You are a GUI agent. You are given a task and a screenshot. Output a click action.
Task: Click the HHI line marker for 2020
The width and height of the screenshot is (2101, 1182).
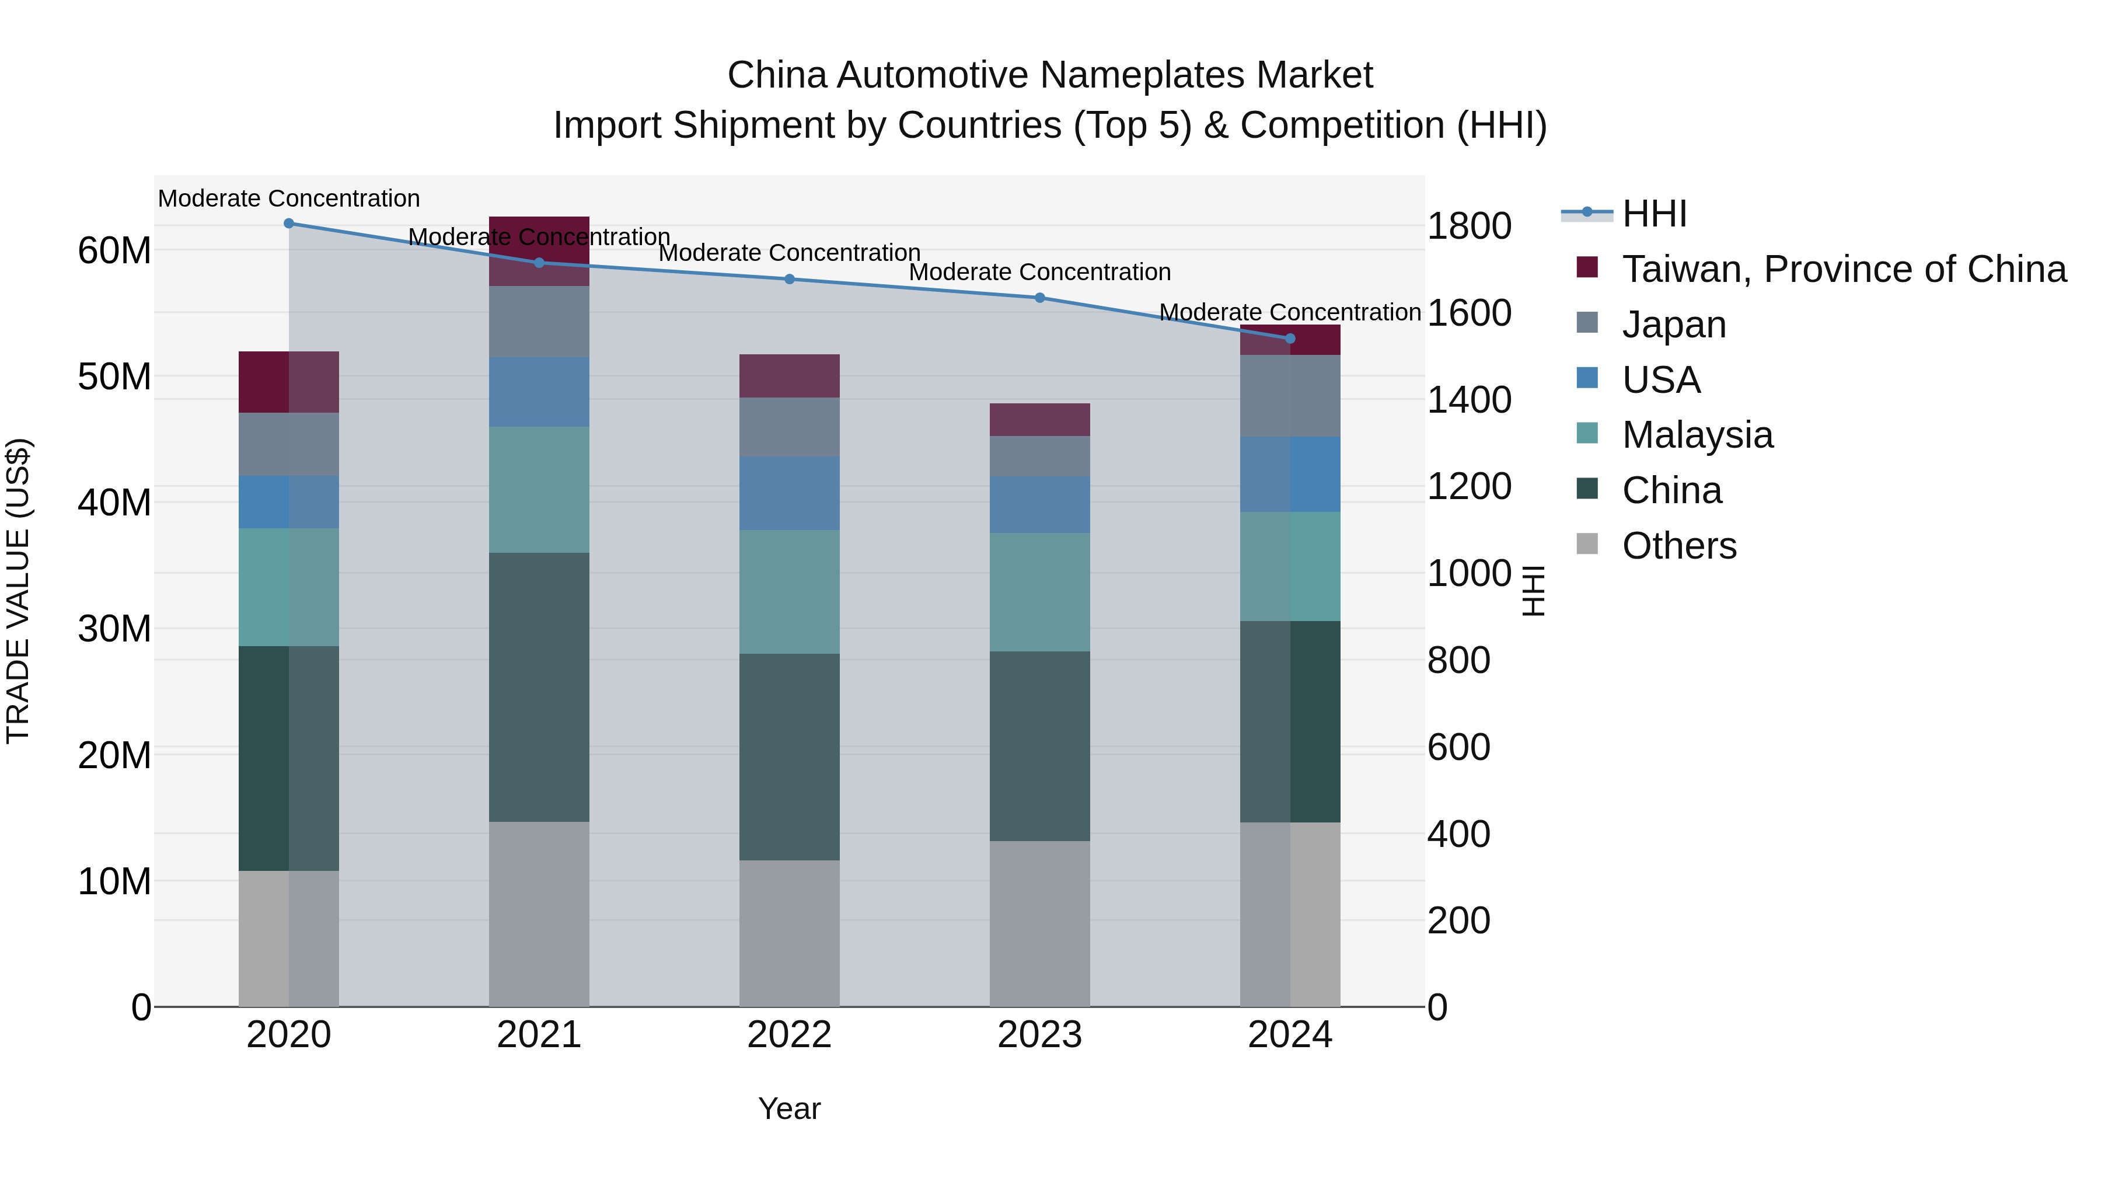(289, 224)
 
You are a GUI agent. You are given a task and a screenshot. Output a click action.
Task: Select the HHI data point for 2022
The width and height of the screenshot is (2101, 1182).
(790, 280)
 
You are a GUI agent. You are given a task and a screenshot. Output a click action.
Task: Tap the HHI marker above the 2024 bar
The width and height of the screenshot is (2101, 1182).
(1290, 339)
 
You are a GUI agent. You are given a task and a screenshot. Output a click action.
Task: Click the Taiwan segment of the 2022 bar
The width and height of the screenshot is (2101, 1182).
(790, 376)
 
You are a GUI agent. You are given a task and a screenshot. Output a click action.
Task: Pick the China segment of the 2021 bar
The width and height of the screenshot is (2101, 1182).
(539, 687)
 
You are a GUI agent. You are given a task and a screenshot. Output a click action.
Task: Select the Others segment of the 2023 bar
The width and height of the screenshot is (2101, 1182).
(1040, 923)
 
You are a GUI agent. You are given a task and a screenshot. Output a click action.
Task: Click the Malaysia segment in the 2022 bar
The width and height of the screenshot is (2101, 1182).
(790, 592)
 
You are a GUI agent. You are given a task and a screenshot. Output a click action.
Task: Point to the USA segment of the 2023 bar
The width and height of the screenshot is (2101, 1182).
(1040, 505)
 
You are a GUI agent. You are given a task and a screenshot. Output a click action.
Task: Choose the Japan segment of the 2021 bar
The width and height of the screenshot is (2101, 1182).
(539, 322)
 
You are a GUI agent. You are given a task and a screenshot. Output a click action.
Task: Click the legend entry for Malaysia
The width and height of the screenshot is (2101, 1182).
(1697, 435)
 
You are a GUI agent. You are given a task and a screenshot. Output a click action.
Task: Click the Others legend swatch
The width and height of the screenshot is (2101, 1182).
(1587, 544)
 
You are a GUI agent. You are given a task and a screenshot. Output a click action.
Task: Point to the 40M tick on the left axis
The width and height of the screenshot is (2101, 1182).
(114, 503)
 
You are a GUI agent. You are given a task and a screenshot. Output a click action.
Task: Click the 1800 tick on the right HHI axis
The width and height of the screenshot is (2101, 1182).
(1469, 227)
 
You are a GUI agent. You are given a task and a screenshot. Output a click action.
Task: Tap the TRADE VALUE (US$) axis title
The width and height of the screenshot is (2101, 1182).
(18, 591)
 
